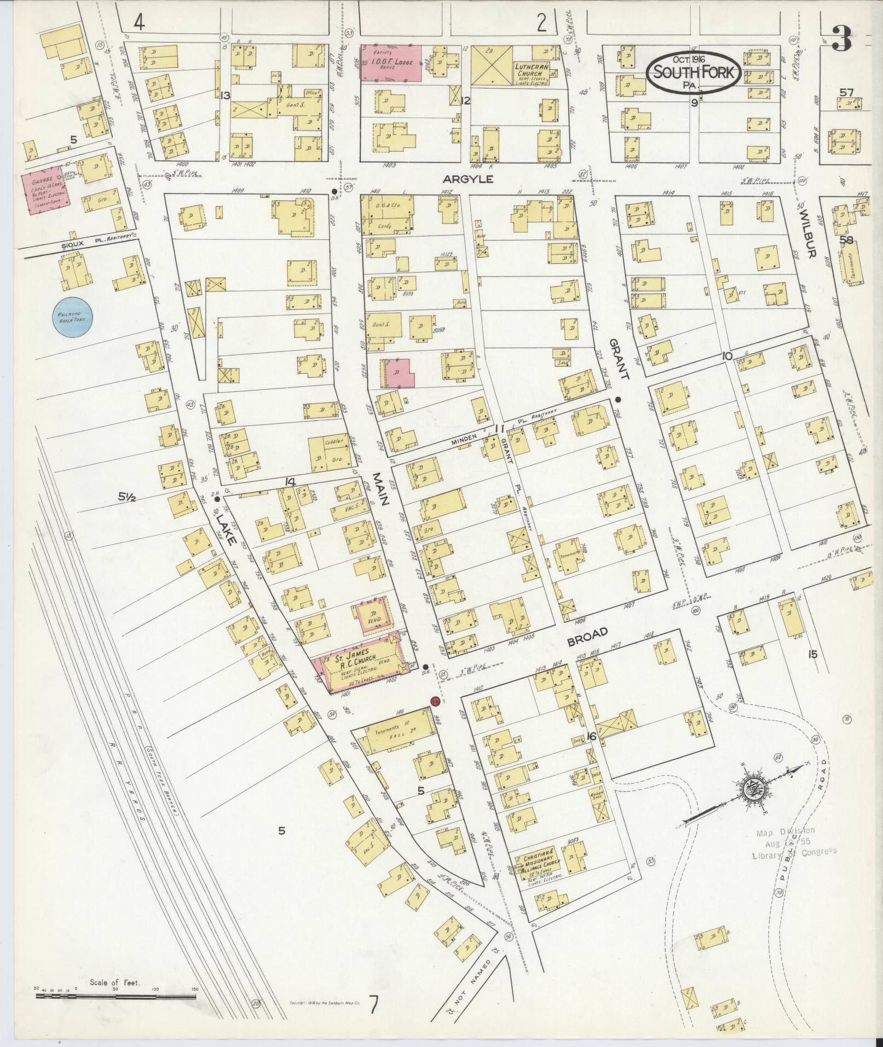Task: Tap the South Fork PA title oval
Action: pyautogui.click(x=694, y=73)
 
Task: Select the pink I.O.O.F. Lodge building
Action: pyautogui.click(x=391, y=63)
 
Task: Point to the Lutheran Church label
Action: pyautogui.click(x=530, y=70)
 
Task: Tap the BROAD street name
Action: pyautogui.click(x=587, y=637)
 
